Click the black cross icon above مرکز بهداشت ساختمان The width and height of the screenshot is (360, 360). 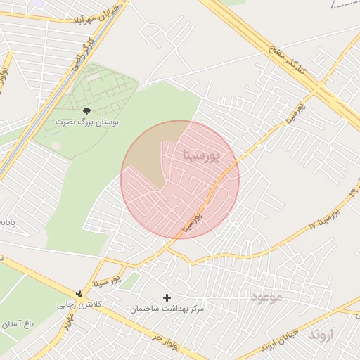[x=167, y=298]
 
